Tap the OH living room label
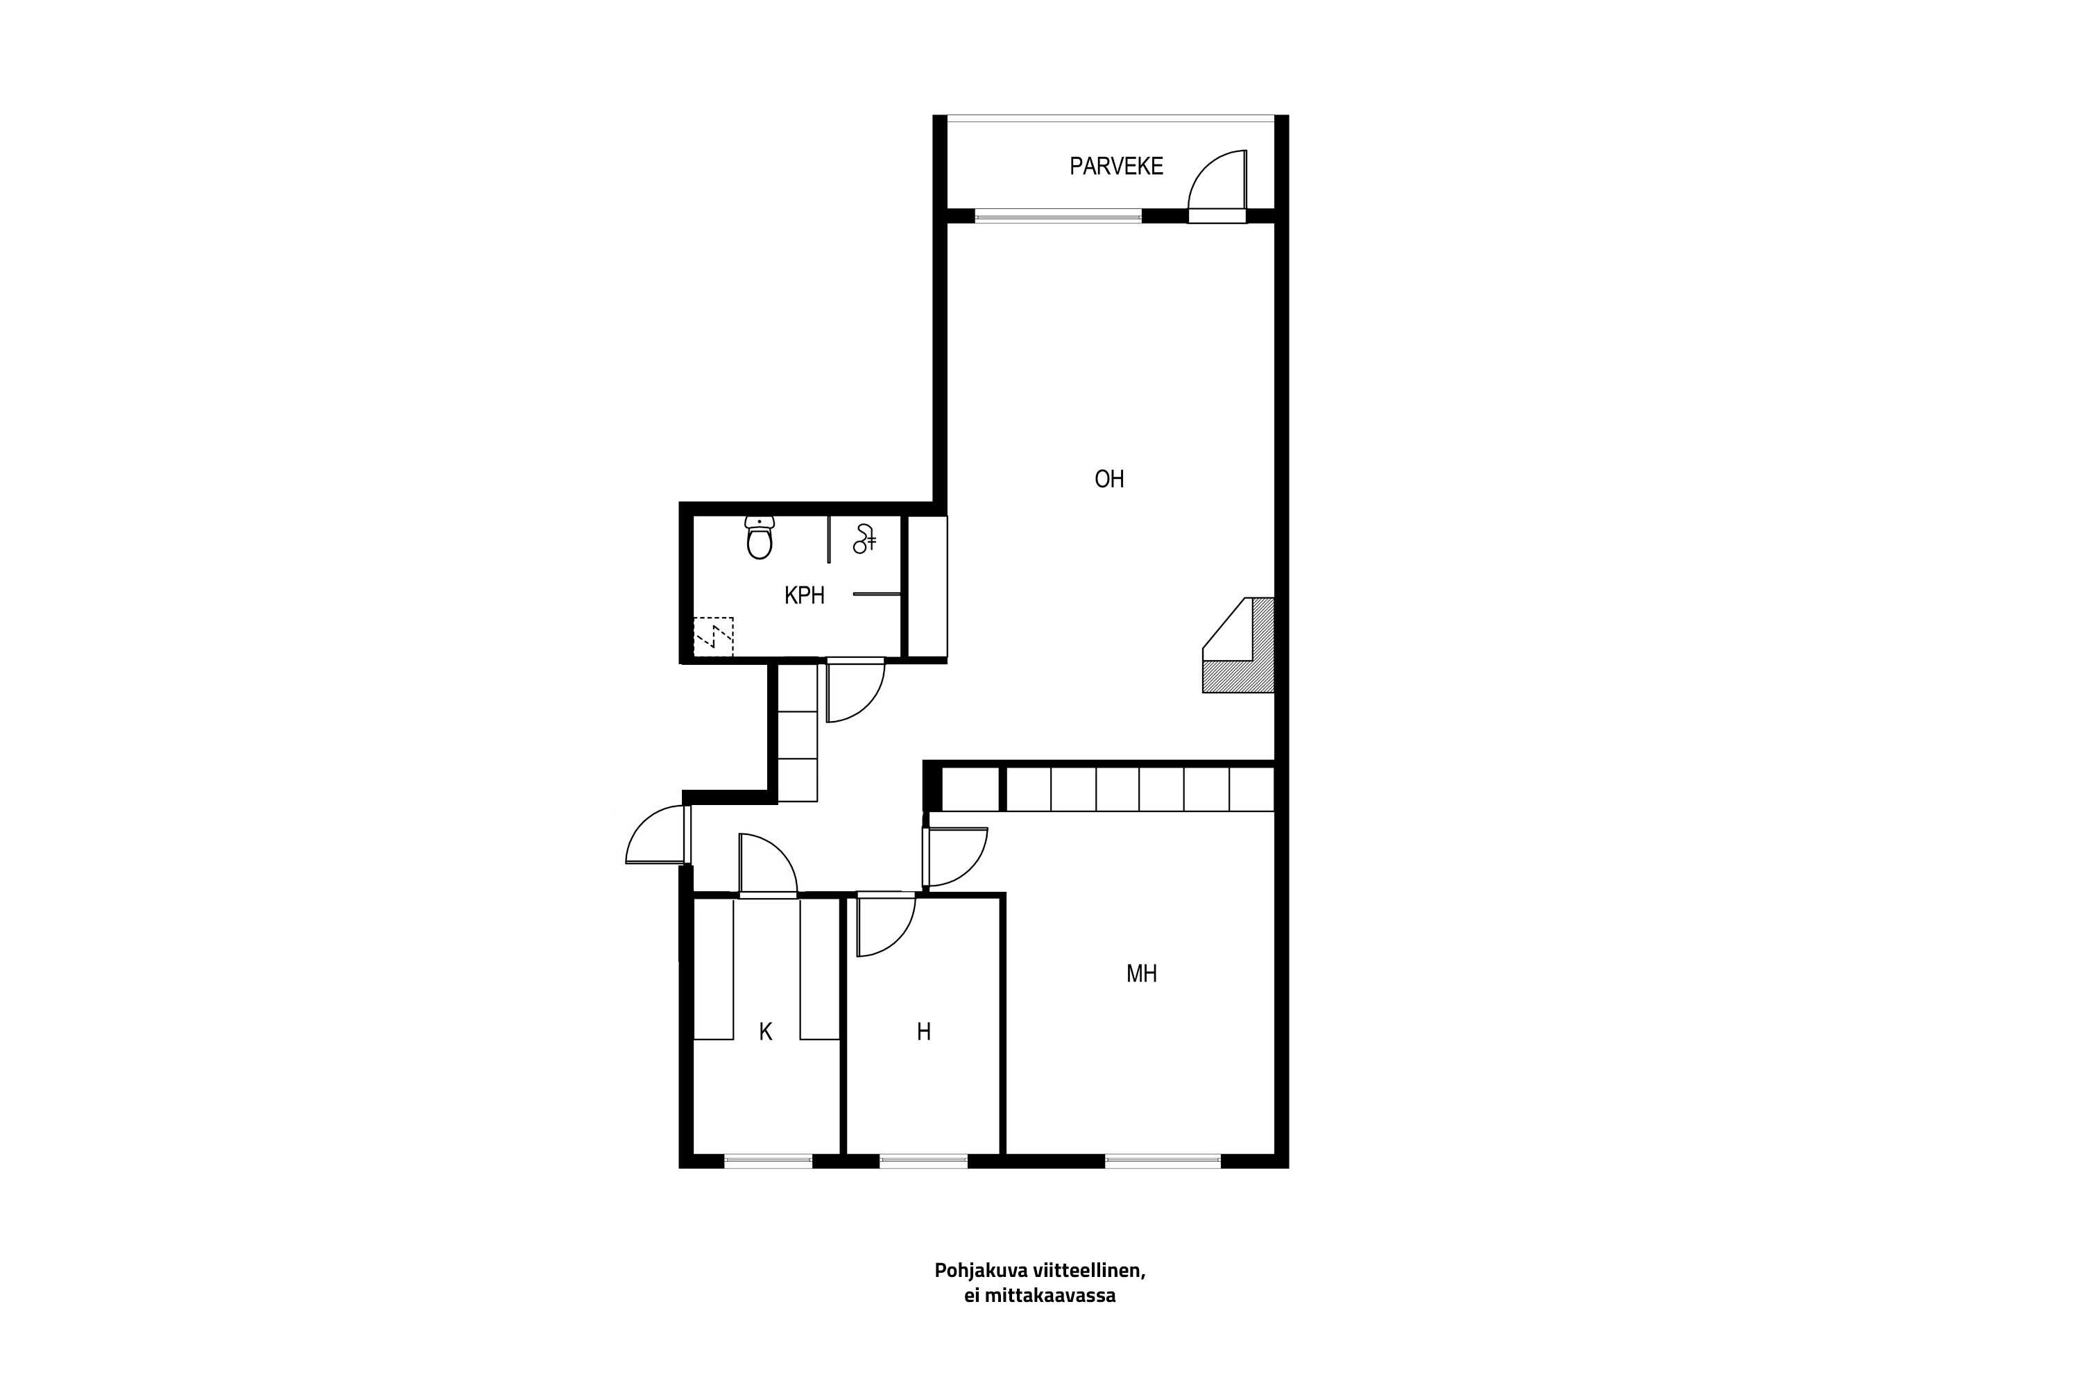coord(1108,479)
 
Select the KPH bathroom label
coord(804,595)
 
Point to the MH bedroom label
coord(1141,974)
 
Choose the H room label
coord(924,1031)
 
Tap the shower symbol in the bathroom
coord(864,539)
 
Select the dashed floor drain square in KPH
coord(713,636)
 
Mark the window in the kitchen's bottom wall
coord(768,1160)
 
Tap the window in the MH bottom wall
coord(1163,1160)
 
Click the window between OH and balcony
coord(1059,215)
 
